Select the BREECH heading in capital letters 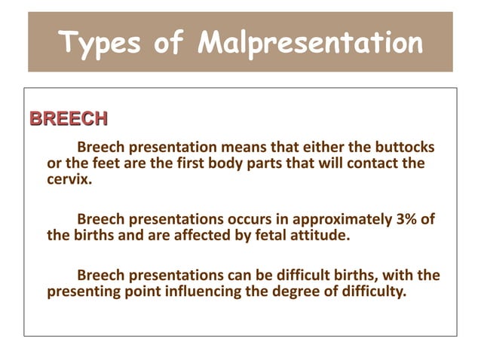(x=67, y=119)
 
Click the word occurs (x=246, y=219)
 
